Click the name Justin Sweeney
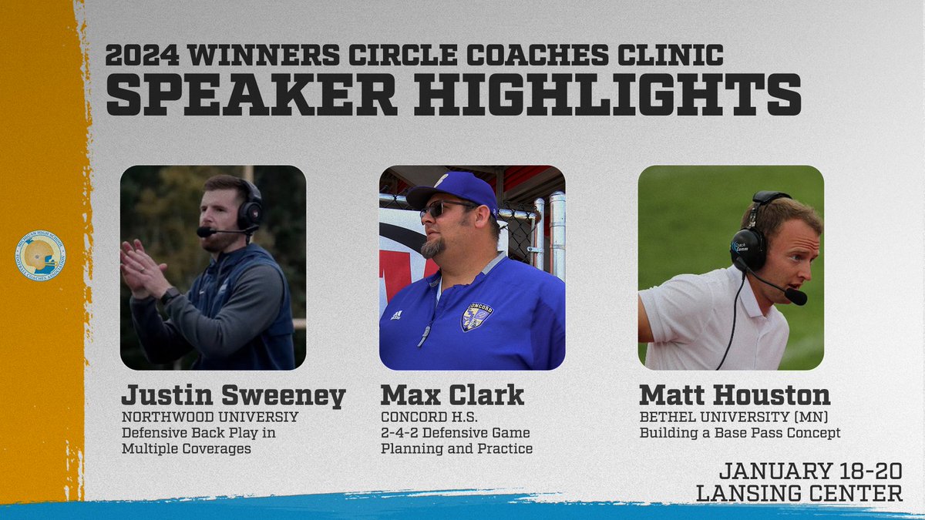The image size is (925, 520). point(234,395)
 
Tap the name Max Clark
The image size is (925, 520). point(452,395)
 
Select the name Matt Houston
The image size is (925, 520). point(735,395)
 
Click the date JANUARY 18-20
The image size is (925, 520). point(810,469)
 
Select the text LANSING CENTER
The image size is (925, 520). point(799,493)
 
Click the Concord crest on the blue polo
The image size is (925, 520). point(476,316)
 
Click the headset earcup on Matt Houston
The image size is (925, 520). point(748,247)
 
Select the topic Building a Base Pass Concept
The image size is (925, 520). point(739,433)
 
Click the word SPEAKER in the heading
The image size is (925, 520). point(251,94)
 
